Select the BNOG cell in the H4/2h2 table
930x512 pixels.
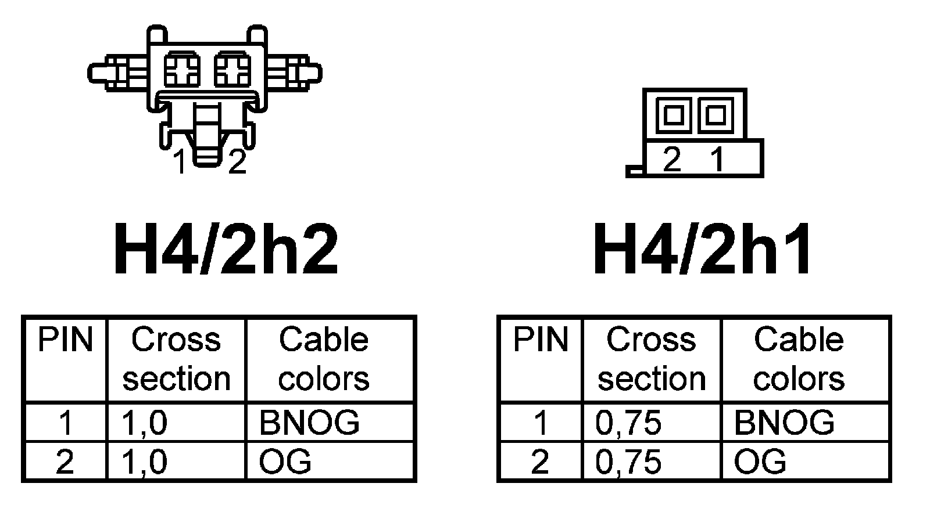(309, 422)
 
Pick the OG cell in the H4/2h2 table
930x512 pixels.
(285, 461)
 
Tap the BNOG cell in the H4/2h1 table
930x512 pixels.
(784, 422)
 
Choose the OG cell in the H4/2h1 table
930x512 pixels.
(760, 461)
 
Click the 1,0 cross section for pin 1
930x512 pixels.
(144, 422)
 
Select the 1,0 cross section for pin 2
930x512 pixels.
(144, 461)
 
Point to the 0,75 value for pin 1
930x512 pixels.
(628, 422)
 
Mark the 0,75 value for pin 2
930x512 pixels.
(628, 461)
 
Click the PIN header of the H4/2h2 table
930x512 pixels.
(65, 340)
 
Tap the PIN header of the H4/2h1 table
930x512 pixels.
(540, 340)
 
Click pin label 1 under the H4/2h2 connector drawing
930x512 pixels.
(181, 162)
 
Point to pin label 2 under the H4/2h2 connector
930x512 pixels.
(237, 162)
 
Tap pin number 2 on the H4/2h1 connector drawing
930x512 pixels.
(672, 158)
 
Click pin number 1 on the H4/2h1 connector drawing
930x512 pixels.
(718, 158)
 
